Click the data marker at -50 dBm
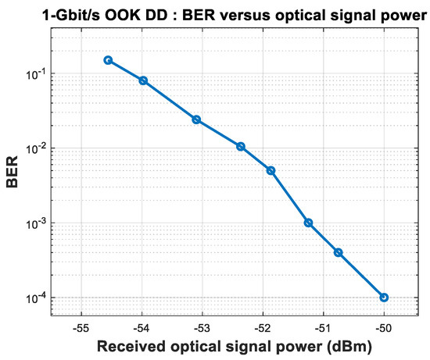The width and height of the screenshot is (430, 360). [384, 298]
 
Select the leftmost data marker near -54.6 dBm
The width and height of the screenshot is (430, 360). [108, 60]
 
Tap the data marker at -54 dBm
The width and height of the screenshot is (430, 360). [143, 80]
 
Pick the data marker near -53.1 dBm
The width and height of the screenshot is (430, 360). [196, 119]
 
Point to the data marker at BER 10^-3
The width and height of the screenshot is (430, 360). [309, 223]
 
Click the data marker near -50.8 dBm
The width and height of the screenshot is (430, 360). [339, 252]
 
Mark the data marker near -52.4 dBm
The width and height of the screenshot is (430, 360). [241, 146]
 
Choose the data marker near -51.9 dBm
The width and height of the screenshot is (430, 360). [271, 170]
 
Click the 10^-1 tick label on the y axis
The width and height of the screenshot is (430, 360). [37, 73]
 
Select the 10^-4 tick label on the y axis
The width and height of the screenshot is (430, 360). [37, 298]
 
